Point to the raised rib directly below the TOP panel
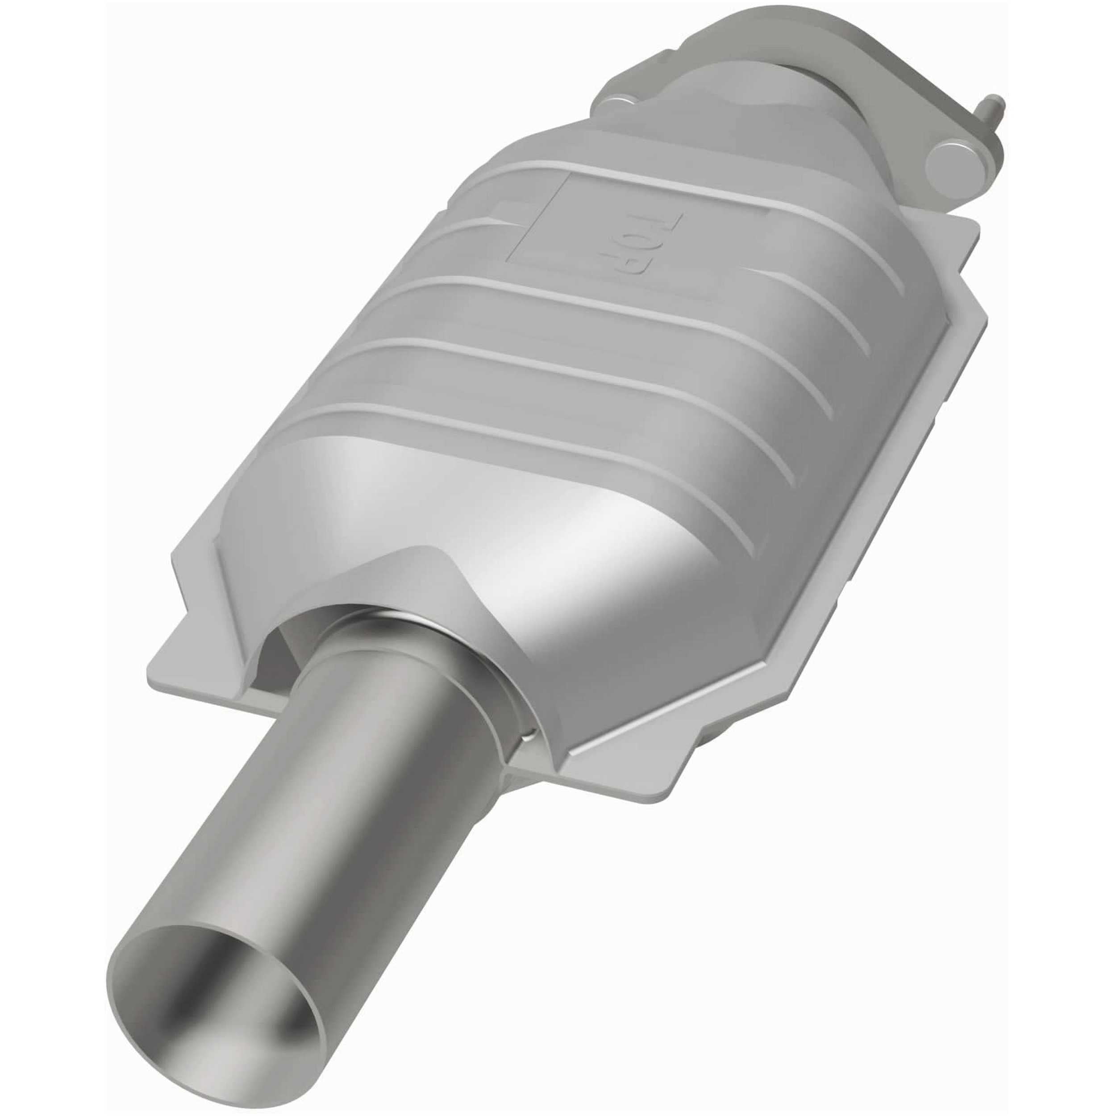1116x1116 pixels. [578, 289]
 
